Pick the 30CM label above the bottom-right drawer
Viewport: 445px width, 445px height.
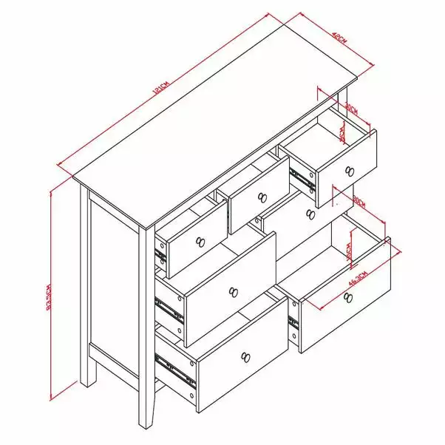pos(360,201)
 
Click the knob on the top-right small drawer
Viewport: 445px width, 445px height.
pos(349,171)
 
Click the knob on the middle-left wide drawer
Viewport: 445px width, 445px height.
pos(234,292)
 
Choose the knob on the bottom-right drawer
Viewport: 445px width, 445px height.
pos(348,298)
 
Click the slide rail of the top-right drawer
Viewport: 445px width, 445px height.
pos(303,178)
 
